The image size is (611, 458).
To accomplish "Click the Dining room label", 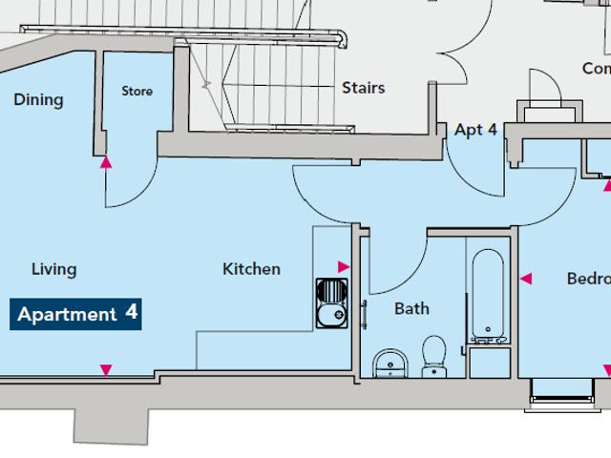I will (x=38, y=99).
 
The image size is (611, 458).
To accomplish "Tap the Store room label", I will (x=137, y=92).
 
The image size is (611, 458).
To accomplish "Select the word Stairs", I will (x=364, y=88).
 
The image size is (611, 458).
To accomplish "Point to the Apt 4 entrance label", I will (x=475, y=130).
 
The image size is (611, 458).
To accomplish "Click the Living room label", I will (x=53, y=269).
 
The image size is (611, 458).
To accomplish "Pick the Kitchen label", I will (x=251, y=269).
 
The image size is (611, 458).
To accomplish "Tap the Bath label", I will (x=411, y=308).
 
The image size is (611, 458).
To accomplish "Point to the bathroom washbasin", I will (x=389, y=361).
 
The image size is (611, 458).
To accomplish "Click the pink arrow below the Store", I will (x=107, y=162).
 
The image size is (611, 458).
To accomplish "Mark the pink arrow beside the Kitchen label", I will (x=344, y=268).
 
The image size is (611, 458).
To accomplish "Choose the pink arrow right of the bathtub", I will (x=525, y=280).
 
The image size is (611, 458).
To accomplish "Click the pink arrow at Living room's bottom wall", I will (x=106, y=369).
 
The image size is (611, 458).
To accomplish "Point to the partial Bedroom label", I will (x=587, y=279).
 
